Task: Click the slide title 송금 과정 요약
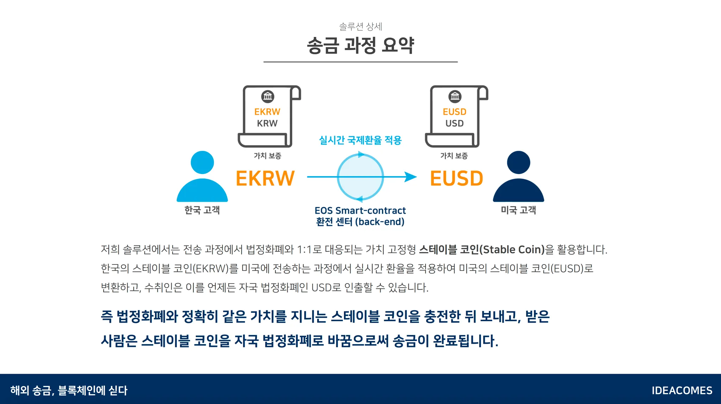click(x=360, y=46)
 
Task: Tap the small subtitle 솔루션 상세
click(x=360, y=26)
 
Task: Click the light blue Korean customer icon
click(x=202, y=178)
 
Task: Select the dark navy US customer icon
click(x=518, y=178)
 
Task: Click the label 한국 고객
click(x=202, y=210)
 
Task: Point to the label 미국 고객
click(x=518, y=210)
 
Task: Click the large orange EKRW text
click(x=265, y=178)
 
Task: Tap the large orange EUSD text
click(x=457, y=178)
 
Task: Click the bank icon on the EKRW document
click(x=268, y=96)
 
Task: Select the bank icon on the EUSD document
click(x=455, y=96)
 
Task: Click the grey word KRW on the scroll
click(x=267, y=124)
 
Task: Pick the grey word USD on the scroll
click(x=454, y=124)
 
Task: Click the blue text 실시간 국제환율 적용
click(x=360, y=140)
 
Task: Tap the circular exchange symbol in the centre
click(x=360, y=177)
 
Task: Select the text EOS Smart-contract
click(x=360, y=211)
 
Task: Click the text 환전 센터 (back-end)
click(x=360, y=222)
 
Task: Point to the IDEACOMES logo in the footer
click(x=682, y=391)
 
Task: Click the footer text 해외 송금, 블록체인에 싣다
click(x=69, y=391)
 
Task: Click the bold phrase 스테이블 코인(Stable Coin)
click(x=482, y=250)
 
